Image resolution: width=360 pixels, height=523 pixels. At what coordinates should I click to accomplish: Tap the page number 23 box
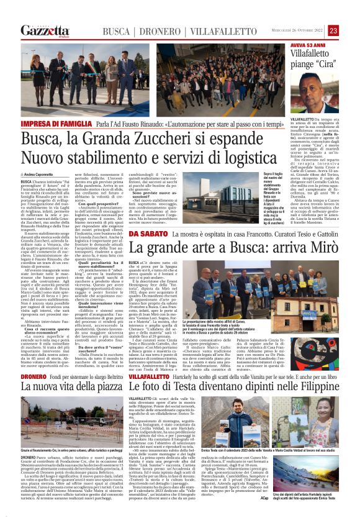tap(351, 30)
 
